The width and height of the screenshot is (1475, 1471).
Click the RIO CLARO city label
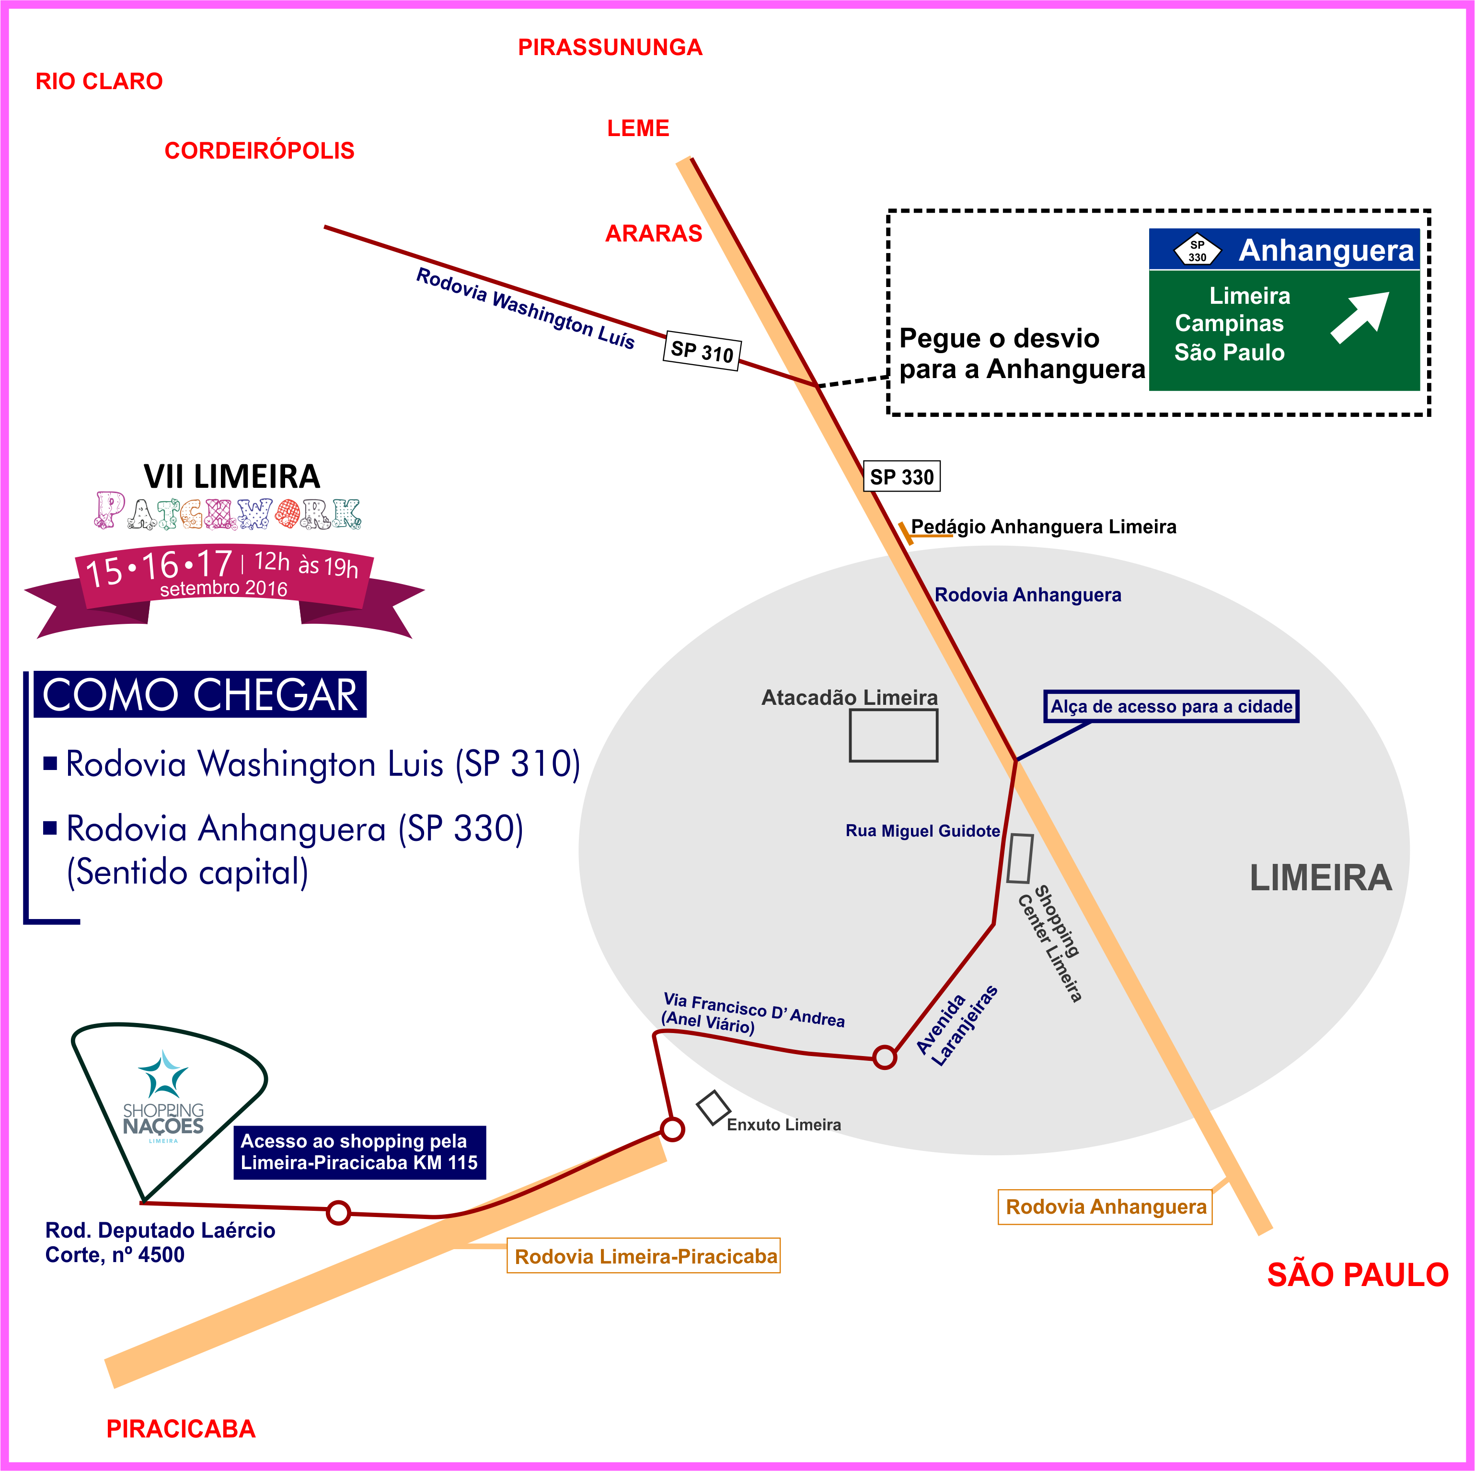[99, 81]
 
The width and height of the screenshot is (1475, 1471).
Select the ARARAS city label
[654, 234]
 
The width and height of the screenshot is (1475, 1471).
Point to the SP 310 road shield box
[702, 351]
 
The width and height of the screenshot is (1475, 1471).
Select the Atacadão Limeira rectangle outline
[893, 735]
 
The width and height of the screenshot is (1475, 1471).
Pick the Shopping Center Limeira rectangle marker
[1020, 859]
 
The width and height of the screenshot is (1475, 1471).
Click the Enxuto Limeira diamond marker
[713, 1108]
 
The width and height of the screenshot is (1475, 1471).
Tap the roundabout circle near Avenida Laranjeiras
[884, 1057]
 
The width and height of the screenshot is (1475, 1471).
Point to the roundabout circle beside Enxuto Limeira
[672, 1129]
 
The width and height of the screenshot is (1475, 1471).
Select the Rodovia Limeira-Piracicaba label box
[644, 1256]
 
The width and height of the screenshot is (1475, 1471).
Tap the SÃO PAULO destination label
[1358, 1275]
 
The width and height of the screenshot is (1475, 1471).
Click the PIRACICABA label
[181, 1429]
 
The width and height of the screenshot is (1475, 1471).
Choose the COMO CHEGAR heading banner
[200, 695]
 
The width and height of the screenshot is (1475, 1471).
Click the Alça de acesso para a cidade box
[1171, 706]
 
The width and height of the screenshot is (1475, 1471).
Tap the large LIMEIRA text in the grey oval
[1320, 878]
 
